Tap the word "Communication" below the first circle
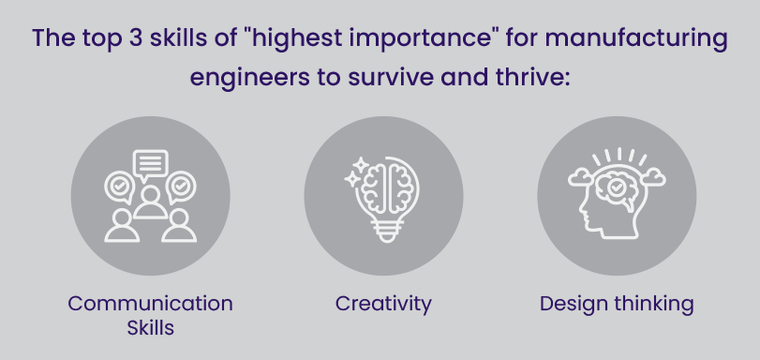point(150,304)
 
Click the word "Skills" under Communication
point(150,328)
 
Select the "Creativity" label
point(383,304)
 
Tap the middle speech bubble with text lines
point(150,166)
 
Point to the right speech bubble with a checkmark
point(182,187)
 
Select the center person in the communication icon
point(150,201)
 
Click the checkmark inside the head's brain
point(615,187)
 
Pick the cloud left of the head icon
point(580,175)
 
